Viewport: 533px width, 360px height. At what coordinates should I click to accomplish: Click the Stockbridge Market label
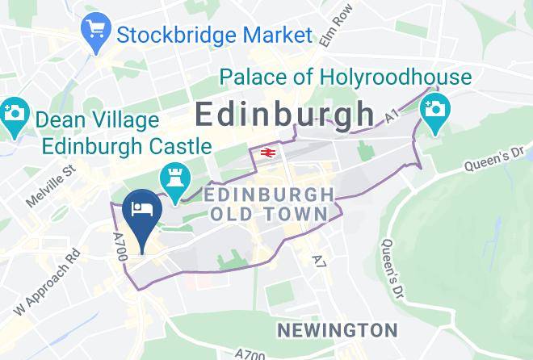pyautogui.click(x=214, y=35)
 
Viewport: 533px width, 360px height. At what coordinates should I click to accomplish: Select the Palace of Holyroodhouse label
pyautogui.click(x=345, y=77)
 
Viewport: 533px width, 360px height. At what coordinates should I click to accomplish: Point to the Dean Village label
pyautogui.click(x=98, y=121)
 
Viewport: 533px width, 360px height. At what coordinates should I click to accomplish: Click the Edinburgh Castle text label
pyautogui.click(x=127, y=147)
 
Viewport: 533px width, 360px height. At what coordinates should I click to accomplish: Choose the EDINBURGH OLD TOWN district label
pyautogui.click(x=270, y=204)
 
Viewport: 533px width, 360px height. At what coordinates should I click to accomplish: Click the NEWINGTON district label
pyautogui.click(x=337, y=330)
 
